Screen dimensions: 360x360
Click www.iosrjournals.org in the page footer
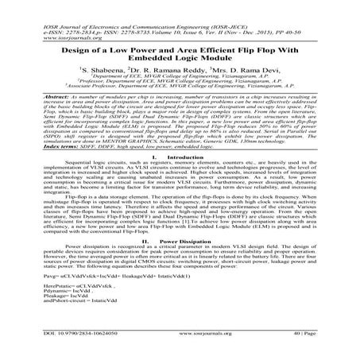[x=180, y=346]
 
